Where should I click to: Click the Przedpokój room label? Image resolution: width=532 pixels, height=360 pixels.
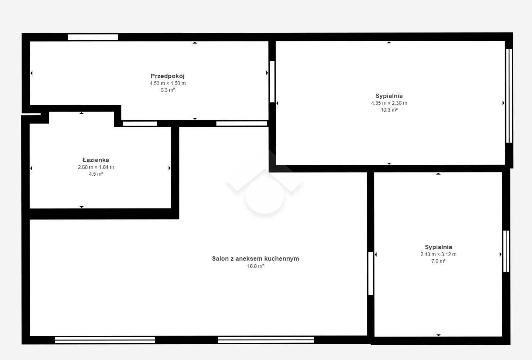(x=167, y=76)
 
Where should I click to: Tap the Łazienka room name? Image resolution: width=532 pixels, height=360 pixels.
(x=96, y=160)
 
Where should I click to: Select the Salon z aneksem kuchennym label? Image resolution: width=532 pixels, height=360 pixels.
(x=255, y=259)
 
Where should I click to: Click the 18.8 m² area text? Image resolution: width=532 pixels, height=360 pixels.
(x=255, y=266)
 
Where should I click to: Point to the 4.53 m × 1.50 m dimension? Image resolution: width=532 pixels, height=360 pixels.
(x=168, y=83)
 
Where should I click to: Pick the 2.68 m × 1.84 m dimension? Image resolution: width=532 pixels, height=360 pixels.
(x=96, y=167)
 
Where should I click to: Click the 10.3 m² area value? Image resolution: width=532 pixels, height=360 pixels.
(x=389, y=110)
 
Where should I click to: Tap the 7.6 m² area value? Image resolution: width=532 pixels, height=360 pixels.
(x=438, y=261)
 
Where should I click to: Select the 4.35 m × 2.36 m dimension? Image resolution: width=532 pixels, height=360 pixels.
(x=389, y=103)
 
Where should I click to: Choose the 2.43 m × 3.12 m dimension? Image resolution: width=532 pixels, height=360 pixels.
(x=438, y=254)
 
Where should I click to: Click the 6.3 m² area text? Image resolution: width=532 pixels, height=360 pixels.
(x=168, y=90)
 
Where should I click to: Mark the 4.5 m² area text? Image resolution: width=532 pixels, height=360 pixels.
(x=96, y=174)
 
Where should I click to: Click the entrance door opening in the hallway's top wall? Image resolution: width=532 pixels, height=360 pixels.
(x=93, y=37)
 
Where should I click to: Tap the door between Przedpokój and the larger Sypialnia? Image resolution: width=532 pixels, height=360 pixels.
(x=272, y=82)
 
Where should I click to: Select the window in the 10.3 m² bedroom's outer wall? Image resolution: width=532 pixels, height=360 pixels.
(x=509, y=96)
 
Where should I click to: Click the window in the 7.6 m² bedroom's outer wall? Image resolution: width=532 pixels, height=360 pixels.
(x=506, y=251)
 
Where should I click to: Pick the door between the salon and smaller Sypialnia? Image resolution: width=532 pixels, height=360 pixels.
(x=371, y=273)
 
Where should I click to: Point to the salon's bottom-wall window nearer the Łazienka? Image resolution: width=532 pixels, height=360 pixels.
(x=105, y=340)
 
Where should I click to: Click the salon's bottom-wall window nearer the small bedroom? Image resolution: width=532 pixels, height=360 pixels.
(x=266, y=340)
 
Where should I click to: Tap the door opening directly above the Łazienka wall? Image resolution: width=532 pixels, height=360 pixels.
(x=140, y=123)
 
